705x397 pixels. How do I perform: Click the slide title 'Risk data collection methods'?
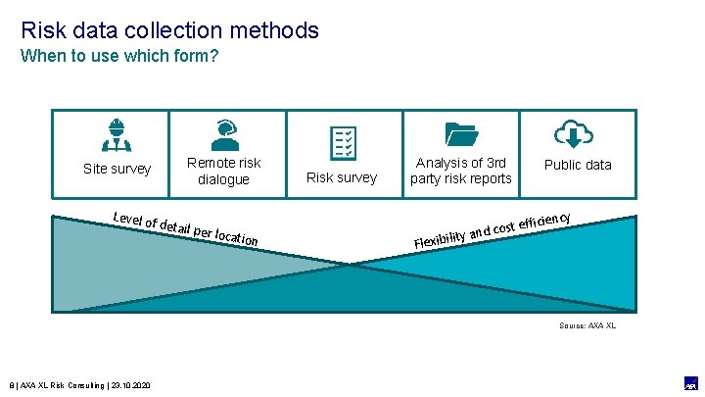click(169, 30)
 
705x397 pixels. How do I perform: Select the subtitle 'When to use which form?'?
click(118, 57)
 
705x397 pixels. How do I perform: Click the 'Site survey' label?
click(117, 169)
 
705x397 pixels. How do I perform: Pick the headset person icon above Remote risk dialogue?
click(224, 132)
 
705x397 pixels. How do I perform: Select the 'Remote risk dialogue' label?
click(224, 171)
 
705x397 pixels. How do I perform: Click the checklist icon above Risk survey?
click(342, 142)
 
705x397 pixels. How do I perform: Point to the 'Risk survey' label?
click(342, 177)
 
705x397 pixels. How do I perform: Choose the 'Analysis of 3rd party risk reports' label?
click(460, 171)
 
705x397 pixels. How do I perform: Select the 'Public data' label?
click(578, 165)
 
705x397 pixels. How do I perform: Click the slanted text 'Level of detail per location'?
click(186, 227)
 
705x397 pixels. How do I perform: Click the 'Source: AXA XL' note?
click(587, 325)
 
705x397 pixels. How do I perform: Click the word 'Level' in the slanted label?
click(128, 218)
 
